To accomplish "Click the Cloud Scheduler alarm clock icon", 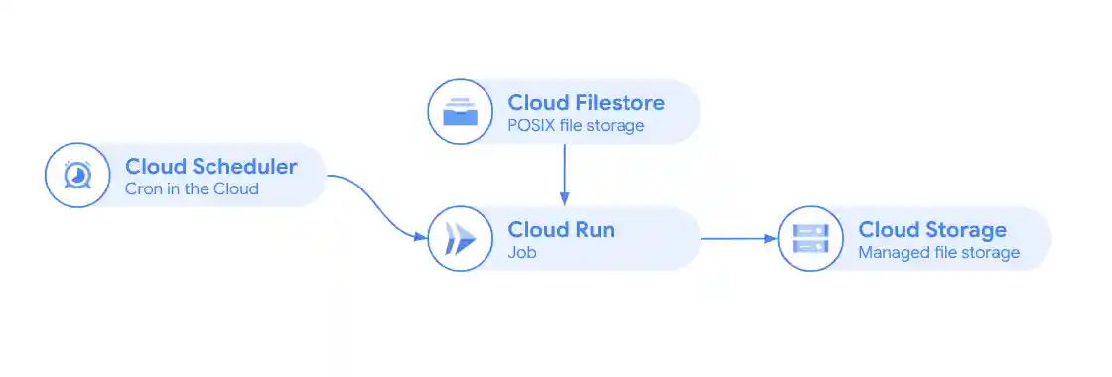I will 77,176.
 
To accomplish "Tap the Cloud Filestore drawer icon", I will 461,112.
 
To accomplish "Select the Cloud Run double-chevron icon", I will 461,239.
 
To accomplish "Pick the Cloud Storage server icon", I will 810,239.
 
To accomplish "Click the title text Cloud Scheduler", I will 210,165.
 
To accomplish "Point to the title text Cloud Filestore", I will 586,102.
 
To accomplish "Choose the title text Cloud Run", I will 561,230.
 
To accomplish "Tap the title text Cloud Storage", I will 931,230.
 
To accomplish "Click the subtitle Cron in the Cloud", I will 192,188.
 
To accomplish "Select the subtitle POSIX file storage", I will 576,126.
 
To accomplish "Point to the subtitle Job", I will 521,253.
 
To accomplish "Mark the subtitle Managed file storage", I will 938,253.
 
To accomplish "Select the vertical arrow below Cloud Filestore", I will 564,174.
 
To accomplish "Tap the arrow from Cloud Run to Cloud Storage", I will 739,239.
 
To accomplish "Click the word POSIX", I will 531,126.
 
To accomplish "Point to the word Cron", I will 143,188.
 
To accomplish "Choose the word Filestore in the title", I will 616,102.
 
